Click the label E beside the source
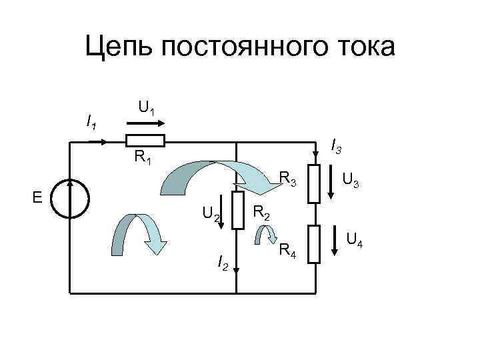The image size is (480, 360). pos(37,197)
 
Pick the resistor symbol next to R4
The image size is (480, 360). pos(314,244)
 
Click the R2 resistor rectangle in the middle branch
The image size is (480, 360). pos(236,210)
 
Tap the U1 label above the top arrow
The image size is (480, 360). pos(147,107)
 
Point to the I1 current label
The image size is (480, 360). pos(91,121)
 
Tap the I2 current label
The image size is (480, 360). pos(223,265)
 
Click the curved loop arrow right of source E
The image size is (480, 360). pos(136,234)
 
